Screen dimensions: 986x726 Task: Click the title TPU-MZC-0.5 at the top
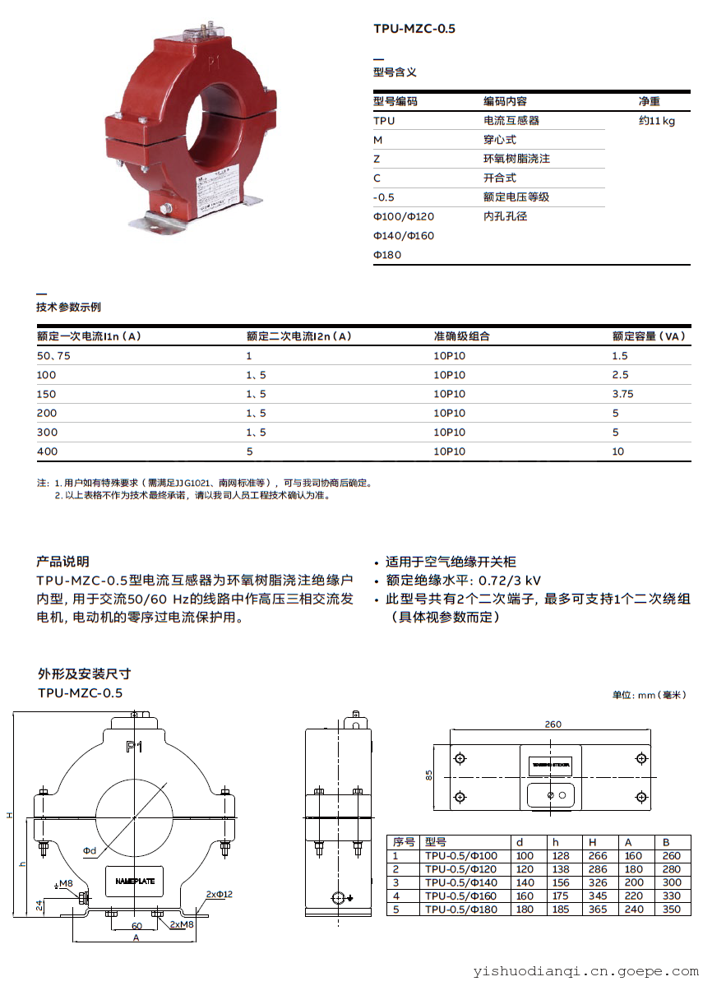pos(414,29)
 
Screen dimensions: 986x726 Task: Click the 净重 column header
pos(649,101)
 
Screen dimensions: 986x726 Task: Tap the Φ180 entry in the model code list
pos(387,255)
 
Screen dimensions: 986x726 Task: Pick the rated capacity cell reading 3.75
pos(622,394)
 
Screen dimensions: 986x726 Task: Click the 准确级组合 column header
pos(461,336)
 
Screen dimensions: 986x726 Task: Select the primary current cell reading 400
pos(47,451)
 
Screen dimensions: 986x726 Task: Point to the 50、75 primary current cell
pos(53,355)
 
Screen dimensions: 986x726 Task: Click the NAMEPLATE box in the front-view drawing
pos(134,881)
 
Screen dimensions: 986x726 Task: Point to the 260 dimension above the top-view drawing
pos(553,724)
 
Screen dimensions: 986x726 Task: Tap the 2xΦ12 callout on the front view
pos(220,894)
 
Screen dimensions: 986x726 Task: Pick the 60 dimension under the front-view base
pos(136,926)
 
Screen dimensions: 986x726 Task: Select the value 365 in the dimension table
pos(597,910)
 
